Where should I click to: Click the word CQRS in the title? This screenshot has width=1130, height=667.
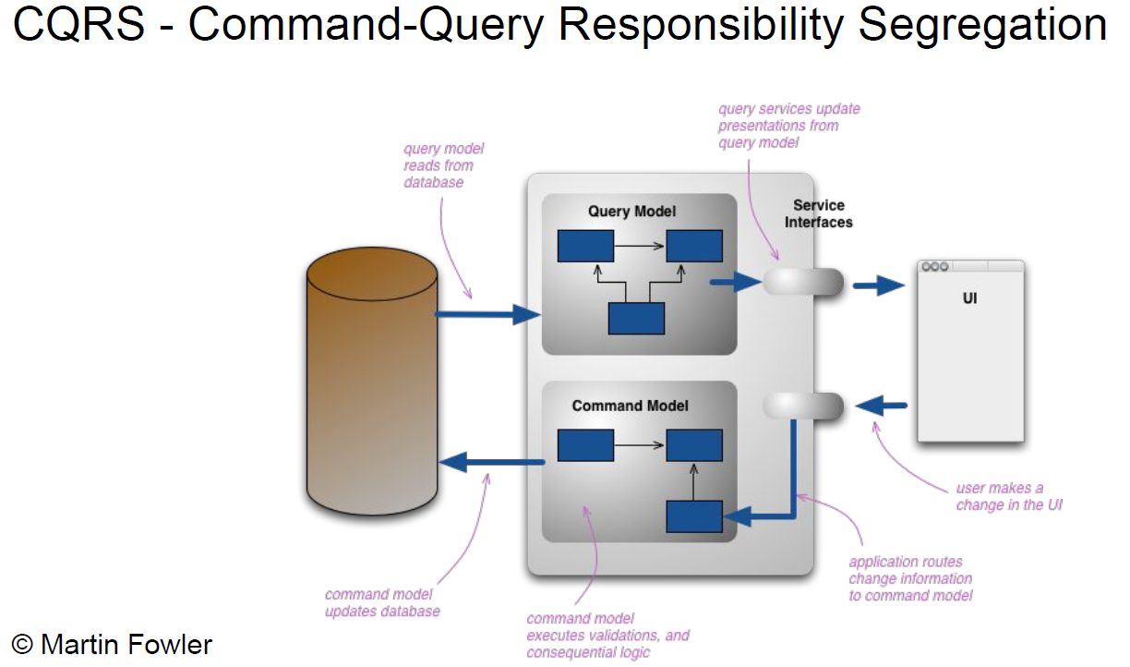pos(79,25)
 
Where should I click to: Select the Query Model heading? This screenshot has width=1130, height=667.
pos(631,212)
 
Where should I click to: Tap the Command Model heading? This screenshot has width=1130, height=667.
pos(630,406)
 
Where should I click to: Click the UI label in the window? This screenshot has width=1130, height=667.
pos(969,298)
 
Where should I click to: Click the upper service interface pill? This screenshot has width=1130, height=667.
pos(803,282)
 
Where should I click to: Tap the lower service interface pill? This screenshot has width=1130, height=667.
pos(803,406)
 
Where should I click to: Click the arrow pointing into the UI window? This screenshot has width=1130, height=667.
pos(878,285)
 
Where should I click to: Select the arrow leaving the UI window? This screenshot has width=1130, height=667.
pos(881,405)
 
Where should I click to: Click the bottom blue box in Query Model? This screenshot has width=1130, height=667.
pos(636,318)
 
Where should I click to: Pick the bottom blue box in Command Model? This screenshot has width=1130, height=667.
pos(694,515)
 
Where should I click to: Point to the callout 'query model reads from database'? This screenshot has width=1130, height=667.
pos(443,165)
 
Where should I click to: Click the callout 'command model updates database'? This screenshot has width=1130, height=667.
pos(382,602)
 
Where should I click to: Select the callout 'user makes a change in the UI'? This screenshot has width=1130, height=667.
pos(1008,496)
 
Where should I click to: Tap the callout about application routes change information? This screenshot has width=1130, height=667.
pos(909,578)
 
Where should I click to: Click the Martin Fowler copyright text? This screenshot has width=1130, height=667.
pos(112,644)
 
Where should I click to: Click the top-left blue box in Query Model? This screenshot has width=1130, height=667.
pos(585,246)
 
